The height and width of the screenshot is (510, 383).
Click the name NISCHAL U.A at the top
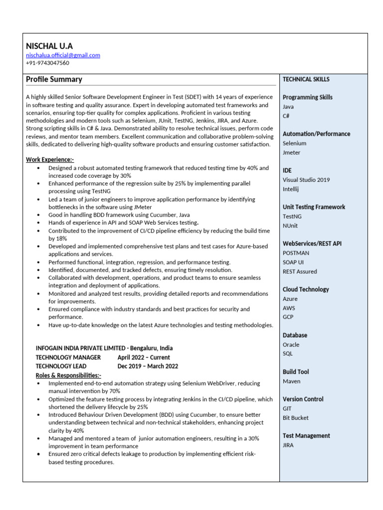[x=49, y=45]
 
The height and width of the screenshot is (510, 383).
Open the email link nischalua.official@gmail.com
[x=63, y=55]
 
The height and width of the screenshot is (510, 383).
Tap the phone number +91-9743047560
[x=47, y=63]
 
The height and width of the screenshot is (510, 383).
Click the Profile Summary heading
[x=54, y=79]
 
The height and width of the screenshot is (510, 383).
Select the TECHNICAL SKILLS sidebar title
[x=306, y=79]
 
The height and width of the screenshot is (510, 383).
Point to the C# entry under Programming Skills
[x=286, y=116]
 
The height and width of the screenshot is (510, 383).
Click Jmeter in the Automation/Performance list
[x=292, y=152]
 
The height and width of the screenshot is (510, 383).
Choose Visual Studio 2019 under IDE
[x=306, y=180]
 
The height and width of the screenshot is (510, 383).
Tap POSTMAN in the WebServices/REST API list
[x=296, y=253]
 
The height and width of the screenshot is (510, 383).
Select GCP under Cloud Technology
[x=288, y=317]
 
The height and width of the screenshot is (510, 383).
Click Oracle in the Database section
[x=291, y=345]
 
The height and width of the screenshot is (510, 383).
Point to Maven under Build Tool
[x=292, y=381]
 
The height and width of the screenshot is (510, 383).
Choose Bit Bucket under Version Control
[x=296, y=418]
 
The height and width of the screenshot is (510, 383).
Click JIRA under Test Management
[x=288, y=445]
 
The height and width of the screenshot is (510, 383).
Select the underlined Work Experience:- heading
[x=50, y=160]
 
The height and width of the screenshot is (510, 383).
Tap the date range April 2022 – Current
[x=144, y=357]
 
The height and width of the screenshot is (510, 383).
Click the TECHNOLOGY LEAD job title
[x=61, y=366]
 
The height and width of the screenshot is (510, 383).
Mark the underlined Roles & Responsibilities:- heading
[x=68, y=375]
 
